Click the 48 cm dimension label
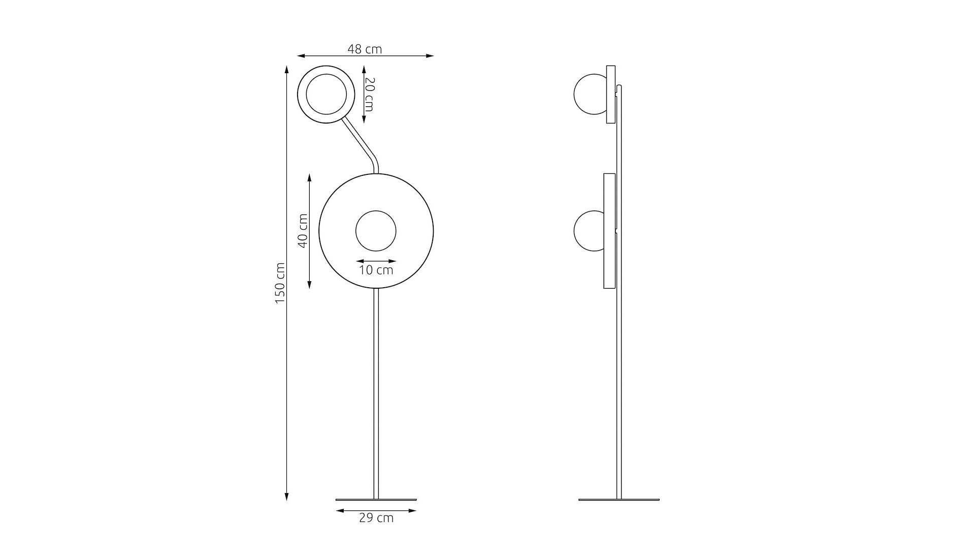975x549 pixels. coord(365,49)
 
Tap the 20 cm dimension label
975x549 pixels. coord(370,95)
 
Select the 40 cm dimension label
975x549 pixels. coord(303,230)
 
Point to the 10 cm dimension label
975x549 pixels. coord(376,270)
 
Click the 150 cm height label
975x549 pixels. coord(280,284)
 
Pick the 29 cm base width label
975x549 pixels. coord(376,518)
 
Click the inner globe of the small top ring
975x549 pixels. coord(326,95)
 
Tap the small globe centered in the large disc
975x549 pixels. coord(376,231)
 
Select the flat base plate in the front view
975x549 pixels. coord(376,499)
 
